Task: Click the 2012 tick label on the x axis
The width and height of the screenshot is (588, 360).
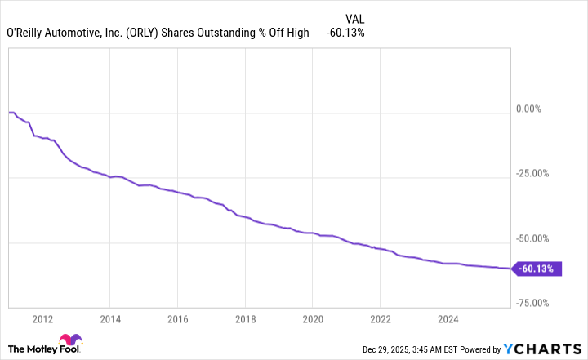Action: pyautogui.click(x=42, y=318)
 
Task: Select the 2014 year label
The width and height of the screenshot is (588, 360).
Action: pyautogui.click(x=110, y=318)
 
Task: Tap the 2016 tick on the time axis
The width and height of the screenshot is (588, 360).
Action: pyautogui.click(x=178, y=318)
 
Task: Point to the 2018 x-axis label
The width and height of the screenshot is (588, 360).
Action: pyautogui.click(x=245, y=318)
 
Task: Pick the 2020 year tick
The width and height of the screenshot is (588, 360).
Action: pyautogui.click(x=313, y=318)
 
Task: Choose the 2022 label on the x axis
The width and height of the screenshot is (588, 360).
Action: pyautogui.click(x=381, y=318)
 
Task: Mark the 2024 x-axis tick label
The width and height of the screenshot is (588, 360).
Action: pyautogui.click(x=448, y=318)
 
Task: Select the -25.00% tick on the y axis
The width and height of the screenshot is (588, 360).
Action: pyautogui.click(x=536, y=173)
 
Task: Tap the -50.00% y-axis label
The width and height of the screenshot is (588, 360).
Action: pyautogui.click(x=536, y=238)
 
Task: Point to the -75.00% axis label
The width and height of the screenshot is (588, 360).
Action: pyautogui.click(x=536, y=303)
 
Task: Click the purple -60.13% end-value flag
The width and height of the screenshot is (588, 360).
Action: pyautogui.click(x=537, y=269)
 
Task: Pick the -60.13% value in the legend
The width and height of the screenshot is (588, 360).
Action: pyautogui.click(x=345, y=33)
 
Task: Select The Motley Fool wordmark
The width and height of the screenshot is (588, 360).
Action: pyautogui.click(x=28, y=349)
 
